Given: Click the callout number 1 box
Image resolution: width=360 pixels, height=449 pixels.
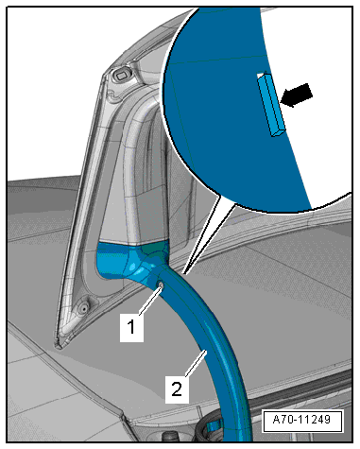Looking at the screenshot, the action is (131, 327).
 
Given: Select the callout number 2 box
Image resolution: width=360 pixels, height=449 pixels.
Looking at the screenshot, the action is (177, 389).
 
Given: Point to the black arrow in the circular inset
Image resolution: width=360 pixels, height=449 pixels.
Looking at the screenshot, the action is (297, 95).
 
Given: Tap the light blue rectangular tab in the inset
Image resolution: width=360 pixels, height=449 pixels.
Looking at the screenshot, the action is (271, 105).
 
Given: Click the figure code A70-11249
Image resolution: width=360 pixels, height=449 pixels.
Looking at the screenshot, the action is (302, 420).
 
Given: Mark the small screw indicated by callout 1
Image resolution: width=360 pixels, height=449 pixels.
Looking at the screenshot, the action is (161, 285).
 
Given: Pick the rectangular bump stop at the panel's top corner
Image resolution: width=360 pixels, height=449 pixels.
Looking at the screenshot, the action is (121, 76).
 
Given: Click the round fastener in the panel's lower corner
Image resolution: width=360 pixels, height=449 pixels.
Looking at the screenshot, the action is (83, 308).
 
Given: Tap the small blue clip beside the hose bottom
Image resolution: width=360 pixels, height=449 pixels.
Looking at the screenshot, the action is (214, 425).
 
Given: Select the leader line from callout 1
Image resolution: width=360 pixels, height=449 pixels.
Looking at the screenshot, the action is (150, 300).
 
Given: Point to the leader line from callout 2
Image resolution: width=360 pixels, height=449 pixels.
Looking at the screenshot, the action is (197, 362).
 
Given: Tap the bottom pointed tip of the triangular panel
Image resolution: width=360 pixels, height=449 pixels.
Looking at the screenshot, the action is (58, 348).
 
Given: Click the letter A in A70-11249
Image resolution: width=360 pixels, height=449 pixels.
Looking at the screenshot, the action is (277, 420).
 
